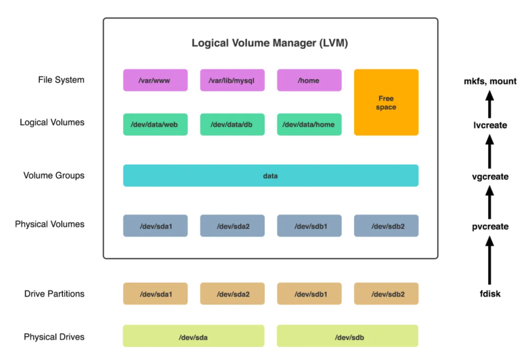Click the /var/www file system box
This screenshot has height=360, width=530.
click(x=155, y=80)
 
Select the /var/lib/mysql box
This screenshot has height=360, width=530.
click(x=232, y=80)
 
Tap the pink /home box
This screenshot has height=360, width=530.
click(x=309, y=80)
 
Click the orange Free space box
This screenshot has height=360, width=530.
click(x=386, y=102)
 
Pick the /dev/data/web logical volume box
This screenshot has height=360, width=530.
click(x=155, y=124)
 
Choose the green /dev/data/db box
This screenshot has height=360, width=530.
click(x=232, y=124)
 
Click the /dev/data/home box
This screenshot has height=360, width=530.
click(x=309, y=124)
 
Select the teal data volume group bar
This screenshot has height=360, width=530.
click(x=271, y=176)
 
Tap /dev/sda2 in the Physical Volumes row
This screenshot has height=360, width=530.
click(x=232, y=226)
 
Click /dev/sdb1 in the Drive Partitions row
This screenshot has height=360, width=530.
click(x=309, y=294)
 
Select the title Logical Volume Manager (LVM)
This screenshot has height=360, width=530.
click(x=270, y=43)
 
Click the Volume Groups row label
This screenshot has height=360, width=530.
click(x=54, y=176)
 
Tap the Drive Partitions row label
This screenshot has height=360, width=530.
click(x=54, y=294)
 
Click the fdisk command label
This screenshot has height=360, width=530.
click(x=490, y=294)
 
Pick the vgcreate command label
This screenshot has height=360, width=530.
click(x=490, y=177)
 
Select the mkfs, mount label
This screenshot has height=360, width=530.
click(x=490, y=81)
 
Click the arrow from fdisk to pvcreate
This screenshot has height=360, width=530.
click(x=490, y=260)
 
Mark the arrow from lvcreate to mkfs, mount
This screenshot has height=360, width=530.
click(x=490, y=104)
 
